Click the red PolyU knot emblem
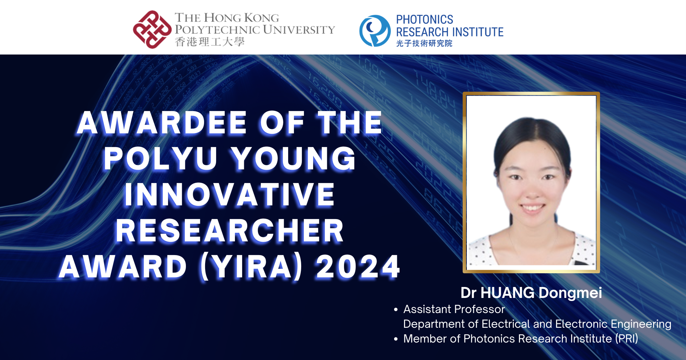tap(152, 29)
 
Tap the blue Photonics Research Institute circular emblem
tap(375, 31)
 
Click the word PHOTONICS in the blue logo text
tap(424, 20)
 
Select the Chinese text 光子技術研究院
tap(424, 43)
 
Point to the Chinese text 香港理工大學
tap(210, 42)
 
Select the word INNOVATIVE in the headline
tap(229, 194)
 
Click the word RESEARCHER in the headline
tap(229, 231)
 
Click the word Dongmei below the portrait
tap(570, 293)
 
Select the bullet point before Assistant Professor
tap(396, 310)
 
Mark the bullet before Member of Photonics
tap(396, 339)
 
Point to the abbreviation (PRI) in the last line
tap(626, 339)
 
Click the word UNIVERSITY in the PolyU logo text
tap(299, 30)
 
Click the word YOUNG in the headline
tap(293, 158)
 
